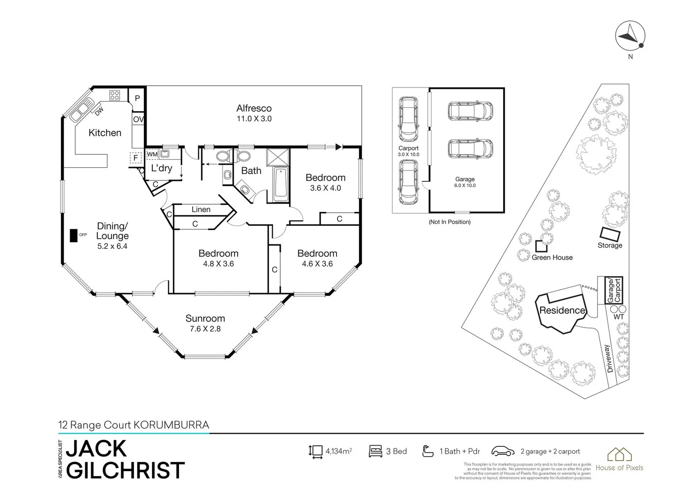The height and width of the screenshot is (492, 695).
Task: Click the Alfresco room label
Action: click(x=254, y=108)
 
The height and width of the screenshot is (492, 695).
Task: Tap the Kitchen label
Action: click(x=105, y=133)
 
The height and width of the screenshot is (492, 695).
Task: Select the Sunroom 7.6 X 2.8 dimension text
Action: click(x=205, y=328)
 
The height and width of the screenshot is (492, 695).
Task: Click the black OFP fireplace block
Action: click(x=73, y=235)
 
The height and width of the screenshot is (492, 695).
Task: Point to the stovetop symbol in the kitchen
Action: click(x=114, y=95)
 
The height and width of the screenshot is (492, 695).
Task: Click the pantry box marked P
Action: click(x=137, y=98)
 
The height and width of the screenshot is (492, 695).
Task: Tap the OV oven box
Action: click(x=138, y=119)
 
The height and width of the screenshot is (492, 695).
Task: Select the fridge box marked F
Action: click(x=135, y=158)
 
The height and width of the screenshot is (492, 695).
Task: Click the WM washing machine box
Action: click(x=152, y=154)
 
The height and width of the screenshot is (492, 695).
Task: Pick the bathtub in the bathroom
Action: click(x=280, y=184)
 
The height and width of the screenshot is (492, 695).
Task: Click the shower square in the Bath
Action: click(x=278, y=157)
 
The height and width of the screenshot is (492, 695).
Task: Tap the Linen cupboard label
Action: click(x=201, y=210)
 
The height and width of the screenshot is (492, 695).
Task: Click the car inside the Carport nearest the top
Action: click(x=408, y=119)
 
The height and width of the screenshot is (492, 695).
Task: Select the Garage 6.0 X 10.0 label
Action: click(x=465, y=182)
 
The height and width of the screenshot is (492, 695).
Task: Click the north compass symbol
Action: click(x=630, y=36)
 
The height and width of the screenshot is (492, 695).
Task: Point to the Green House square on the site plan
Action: click(x=541, y=246)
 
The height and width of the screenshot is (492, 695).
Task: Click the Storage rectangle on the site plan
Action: click(x=610, y=234)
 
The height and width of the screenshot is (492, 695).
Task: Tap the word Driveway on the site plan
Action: click(x=610, y=359)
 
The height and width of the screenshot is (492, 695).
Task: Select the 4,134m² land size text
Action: click(x=338, y=451)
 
